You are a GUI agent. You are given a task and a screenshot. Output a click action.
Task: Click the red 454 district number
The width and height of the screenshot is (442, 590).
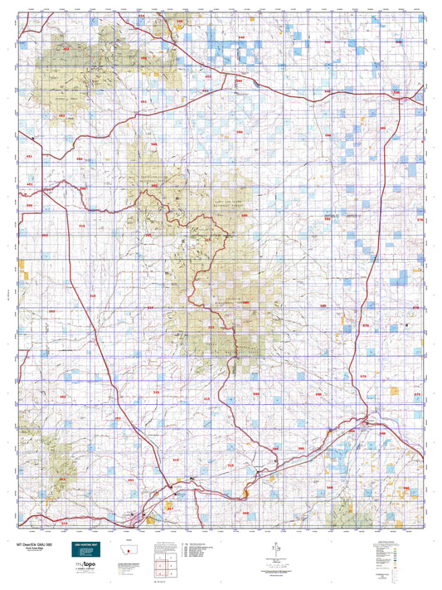click(x=141, y=16)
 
